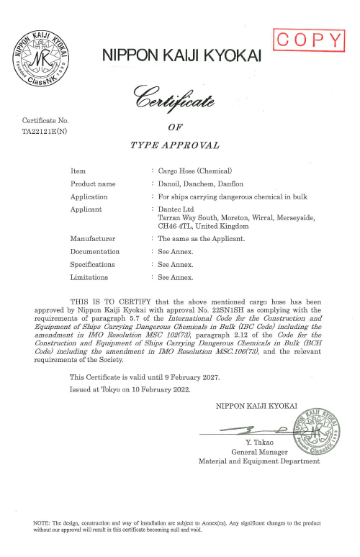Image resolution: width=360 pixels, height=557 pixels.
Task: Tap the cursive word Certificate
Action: tap(171, 99)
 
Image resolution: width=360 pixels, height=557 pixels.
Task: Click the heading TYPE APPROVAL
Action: tap(174, 145)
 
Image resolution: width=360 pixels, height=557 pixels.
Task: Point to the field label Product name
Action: tap(93, 184)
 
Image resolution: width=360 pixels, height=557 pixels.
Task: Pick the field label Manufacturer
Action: tap(94, 237)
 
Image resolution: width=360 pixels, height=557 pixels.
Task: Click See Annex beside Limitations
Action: tap(176, 276)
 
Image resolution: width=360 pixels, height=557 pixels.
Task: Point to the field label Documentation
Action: tap(95, 251)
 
